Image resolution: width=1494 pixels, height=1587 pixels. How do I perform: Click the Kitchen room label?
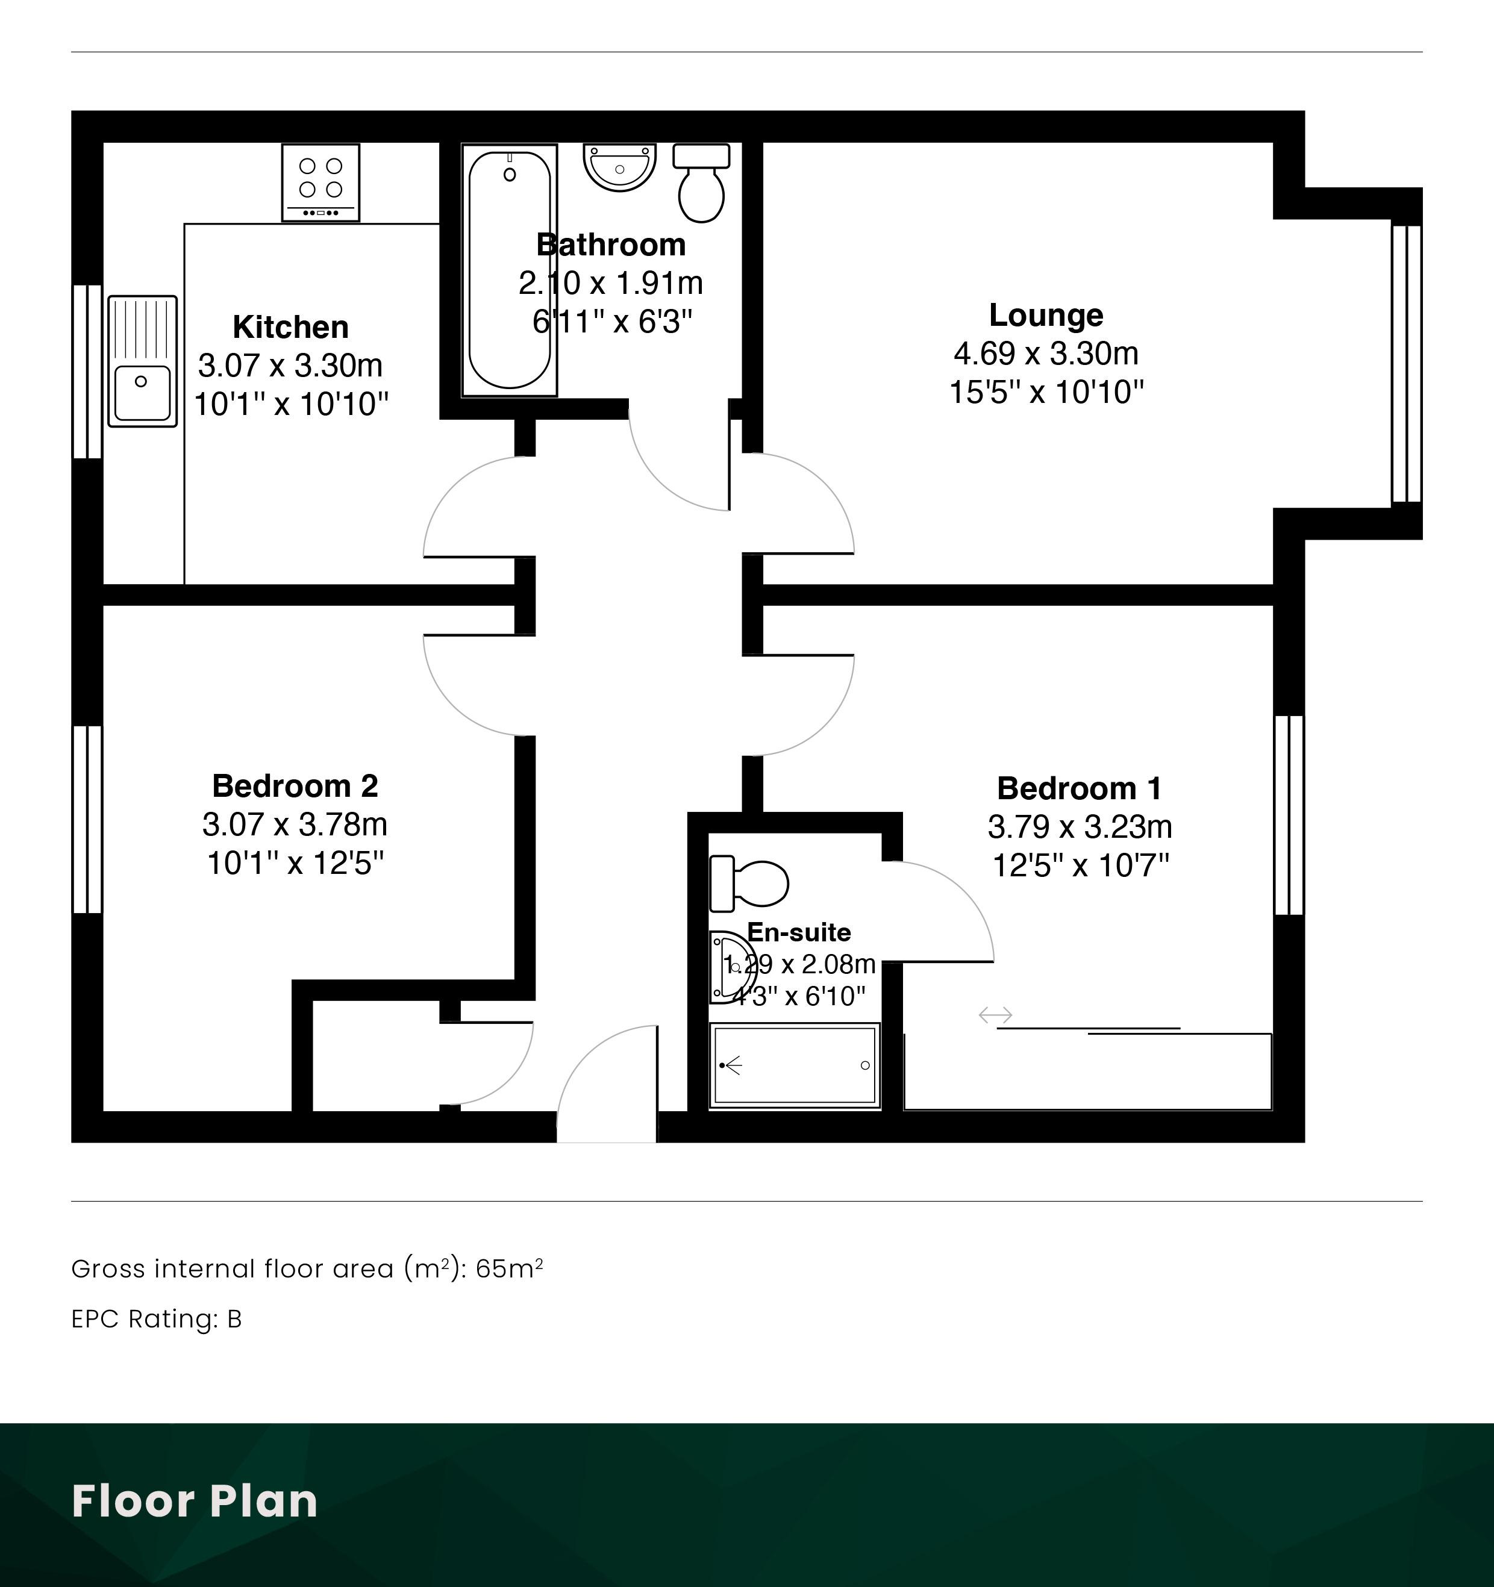click(x=290, y=327)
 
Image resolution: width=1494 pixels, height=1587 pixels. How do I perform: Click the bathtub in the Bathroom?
click(x=510, y=270)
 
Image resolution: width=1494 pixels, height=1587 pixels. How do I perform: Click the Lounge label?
click(x=1046, y=316)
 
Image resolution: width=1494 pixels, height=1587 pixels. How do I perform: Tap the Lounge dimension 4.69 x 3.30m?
click(x=1046, y=353)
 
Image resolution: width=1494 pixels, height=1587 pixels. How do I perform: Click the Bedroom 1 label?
click(x=1080, y=789)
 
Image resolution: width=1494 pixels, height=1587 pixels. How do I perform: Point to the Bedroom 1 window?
click(x=1289, y=815)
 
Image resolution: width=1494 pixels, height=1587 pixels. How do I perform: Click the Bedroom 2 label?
click(x=295, y=787)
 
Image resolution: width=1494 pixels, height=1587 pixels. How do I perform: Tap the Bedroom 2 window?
click(x=88, y=819)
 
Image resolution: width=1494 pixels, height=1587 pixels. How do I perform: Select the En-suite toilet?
click(x=749, y=884)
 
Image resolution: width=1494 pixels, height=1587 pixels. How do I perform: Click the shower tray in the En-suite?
click(x=795, y=1065)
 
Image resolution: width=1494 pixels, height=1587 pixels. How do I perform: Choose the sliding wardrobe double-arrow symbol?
click(x=996, y=1015)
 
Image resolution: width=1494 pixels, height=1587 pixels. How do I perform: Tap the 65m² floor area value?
click(x=510, y=1268)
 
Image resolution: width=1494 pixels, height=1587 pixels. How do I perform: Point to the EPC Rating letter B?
click(x=234, y=1320)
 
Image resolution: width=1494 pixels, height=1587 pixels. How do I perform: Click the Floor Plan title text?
click(x=195, y=1501)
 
